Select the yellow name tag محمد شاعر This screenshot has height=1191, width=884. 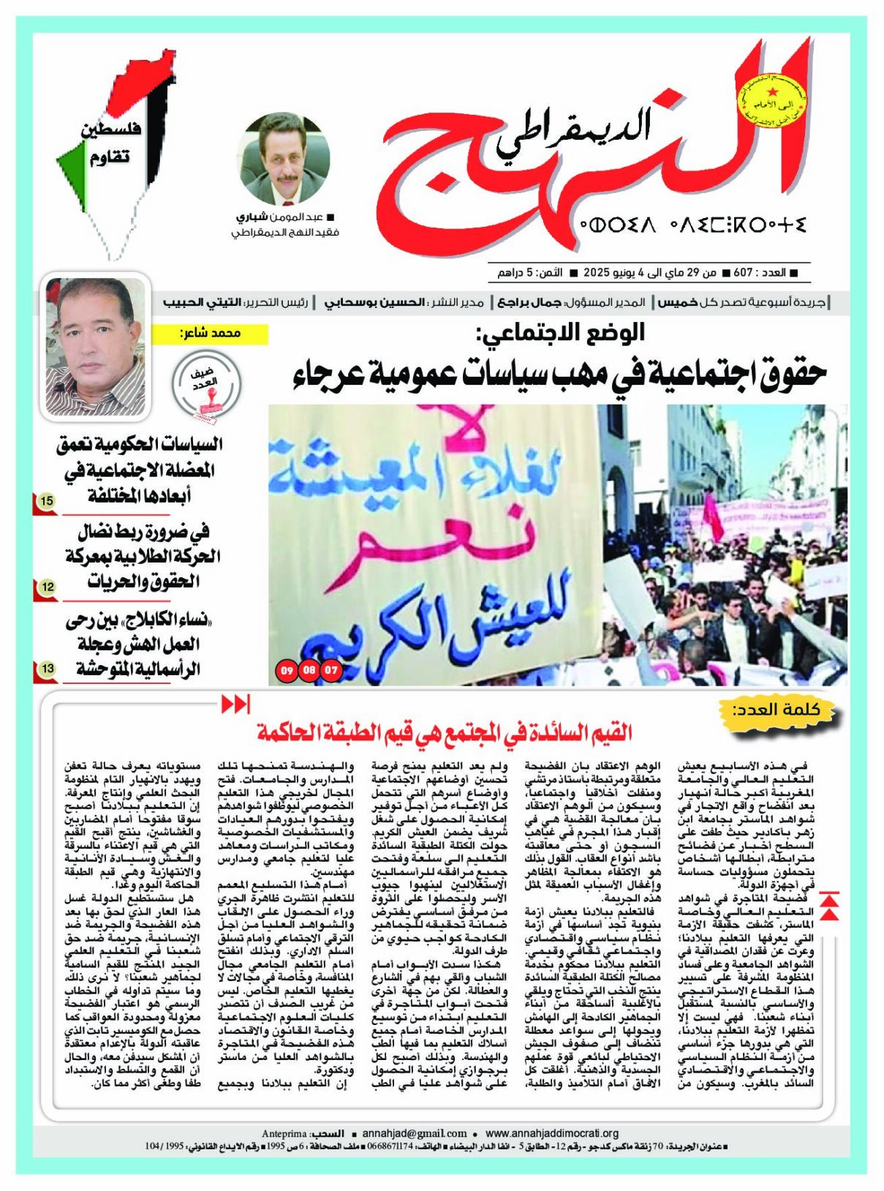pyautogui.click(x=210, y=334)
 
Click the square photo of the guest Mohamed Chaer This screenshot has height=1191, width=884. pyautogui.click(x=96, y=346)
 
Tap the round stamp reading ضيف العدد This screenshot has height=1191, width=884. pyautogui.click(x=206, y=385)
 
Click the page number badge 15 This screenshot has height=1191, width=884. pyautogui.click(x=47, y=501)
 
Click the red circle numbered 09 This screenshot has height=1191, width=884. pyautogui.click(x=287, y=669)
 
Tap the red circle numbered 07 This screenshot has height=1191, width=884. pyautogui.click(x=332, y=669)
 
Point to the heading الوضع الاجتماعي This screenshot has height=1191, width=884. pyautogui.click(x=560, y=333)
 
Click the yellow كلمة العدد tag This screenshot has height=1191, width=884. pyautogui.click(x=777, y=710)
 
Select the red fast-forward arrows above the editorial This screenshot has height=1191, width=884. pyautogui.click(x=235, y=705)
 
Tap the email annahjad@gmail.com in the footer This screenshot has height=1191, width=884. pyautogui.click(x=414, y=1133)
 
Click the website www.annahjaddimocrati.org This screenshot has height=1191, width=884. pyautogui.click(x=552, y=1133)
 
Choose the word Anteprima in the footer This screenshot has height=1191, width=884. pyautogui.click(x=284, y=1133)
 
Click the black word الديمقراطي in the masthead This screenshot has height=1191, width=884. pyautogui.click(x=572, y=134)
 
